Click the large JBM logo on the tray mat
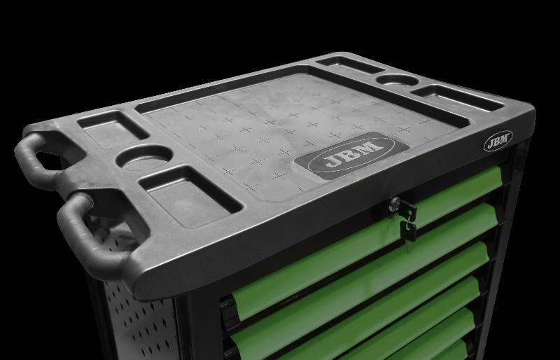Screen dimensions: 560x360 point(352,155)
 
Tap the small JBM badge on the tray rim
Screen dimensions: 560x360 point(498,141)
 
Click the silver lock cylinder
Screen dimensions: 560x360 point(395,204)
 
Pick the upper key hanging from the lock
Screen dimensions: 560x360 point(408,211)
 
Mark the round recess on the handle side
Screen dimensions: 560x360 point(144,158)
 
